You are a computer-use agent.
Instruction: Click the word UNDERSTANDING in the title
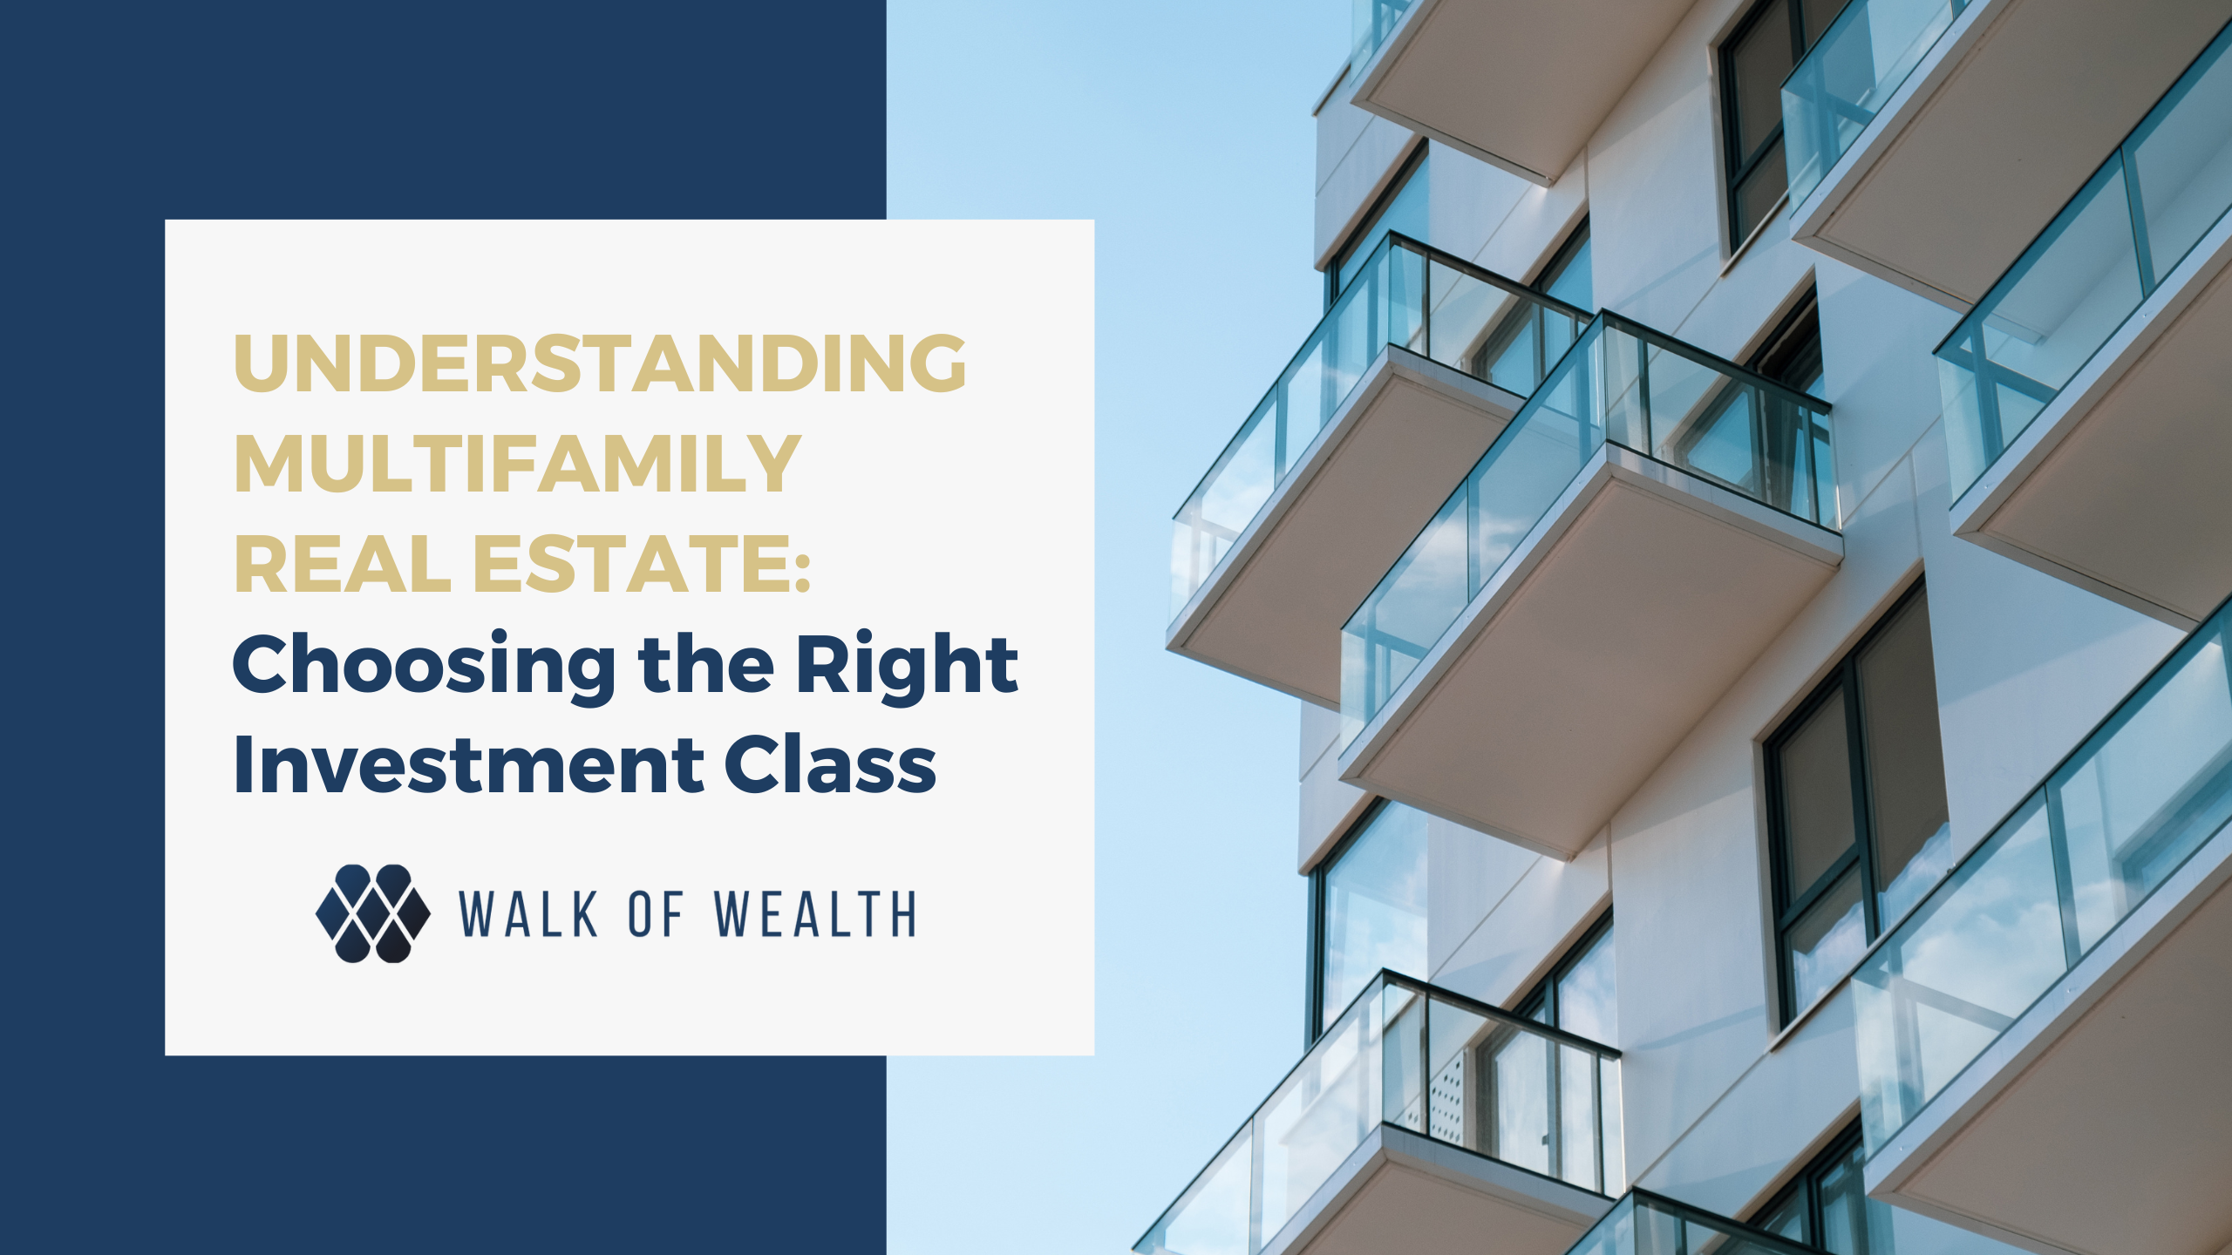click(x=600, y=363)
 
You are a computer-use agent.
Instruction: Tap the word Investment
click(x=468, y=764)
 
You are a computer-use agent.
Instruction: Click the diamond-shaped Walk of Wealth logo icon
click(x=373, y=913)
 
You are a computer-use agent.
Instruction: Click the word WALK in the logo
click(x=528, y=914)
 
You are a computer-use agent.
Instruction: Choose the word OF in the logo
click(x=656, y=914)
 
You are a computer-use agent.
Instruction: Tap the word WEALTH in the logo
click(x=815, y=914)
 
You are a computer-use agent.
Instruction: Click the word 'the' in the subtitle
click(x=706, y=664)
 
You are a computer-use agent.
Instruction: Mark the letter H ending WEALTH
click(x=903, y=914)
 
